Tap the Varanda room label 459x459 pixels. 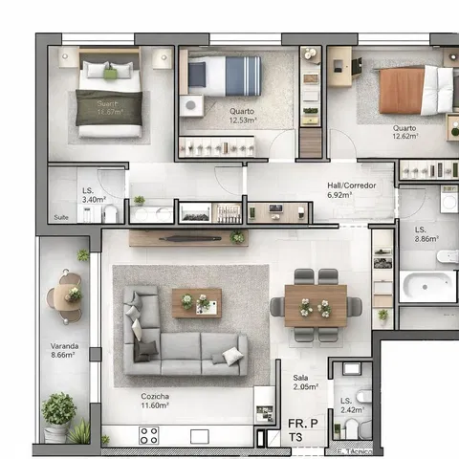click(64, 346)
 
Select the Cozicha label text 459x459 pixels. click(155, 396)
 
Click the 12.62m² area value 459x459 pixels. click(404, 137)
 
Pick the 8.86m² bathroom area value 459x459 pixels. click(426, 240)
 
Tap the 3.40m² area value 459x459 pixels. click(94, 200)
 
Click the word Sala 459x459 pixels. click(300, 378)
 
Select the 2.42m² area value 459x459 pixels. click(351, 410)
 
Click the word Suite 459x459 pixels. click(62, 217)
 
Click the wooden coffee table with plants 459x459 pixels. click(196, 303)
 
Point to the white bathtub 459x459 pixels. click(426, 286)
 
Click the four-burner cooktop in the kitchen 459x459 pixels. click(149, 436)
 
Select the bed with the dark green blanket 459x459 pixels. click(109, 100)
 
